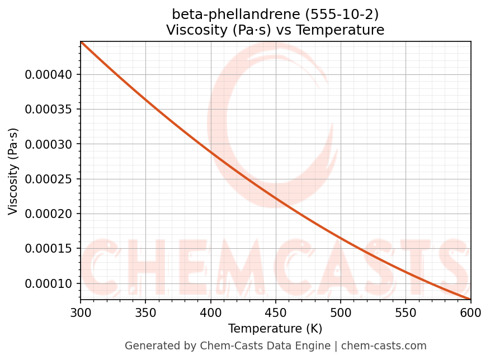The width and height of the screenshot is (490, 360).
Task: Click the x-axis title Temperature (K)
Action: [275, 328]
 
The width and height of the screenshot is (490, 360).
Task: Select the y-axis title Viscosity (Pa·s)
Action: [13, 171]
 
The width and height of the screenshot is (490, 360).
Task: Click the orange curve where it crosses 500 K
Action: [341, 239]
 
